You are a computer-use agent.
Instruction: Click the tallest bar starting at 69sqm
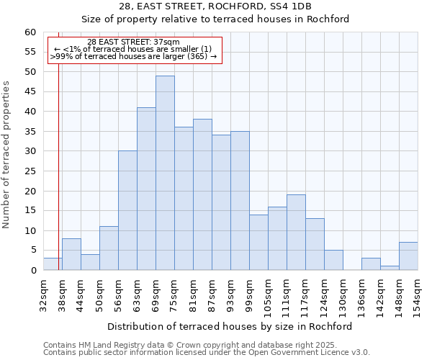165,173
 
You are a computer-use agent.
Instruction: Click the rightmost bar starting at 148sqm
408,256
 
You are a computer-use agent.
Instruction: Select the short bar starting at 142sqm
390,268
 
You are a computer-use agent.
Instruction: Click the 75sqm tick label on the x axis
175,294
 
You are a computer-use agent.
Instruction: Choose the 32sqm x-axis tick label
44,294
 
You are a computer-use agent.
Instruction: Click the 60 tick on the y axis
30,32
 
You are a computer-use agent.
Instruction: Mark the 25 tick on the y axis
30,171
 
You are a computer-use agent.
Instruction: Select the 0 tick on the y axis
33,271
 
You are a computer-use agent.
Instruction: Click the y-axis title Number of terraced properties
7,155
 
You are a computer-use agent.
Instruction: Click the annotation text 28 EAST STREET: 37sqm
133,42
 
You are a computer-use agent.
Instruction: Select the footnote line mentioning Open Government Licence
207,353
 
